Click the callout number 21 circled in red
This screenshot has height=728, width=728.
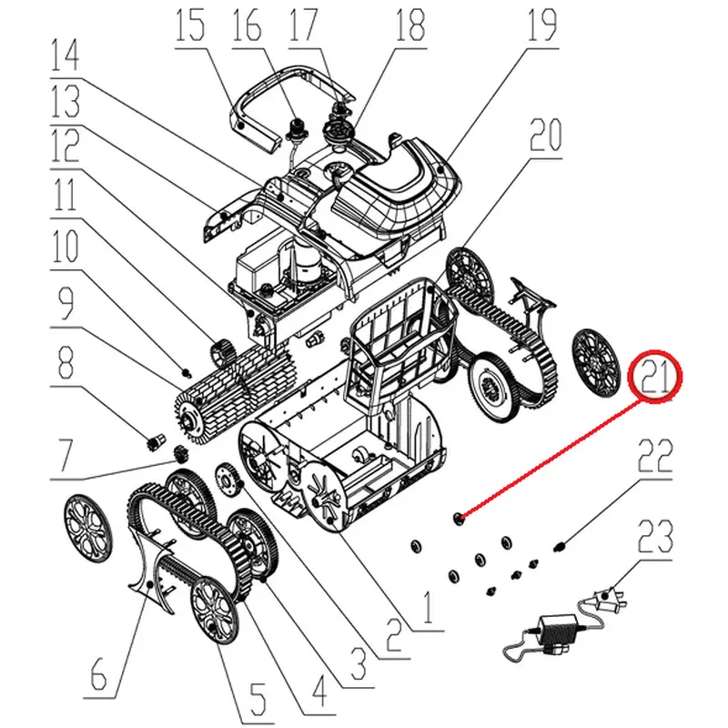tap(655, 377)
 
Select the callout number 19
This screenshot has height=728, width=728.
tap(541, 25)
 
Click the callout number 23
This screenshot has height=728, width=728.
tap(655, 537)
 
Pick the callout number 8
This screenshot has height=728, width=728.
tap(65, 362)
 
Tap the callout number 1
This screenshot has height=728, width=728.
tap(428, 605)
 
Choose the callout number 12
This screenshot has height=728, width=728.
tap(65, 147)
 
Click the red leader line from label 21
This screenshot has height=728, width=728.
tap(551, 459)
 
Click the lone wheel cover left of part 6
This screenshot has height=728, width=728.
tap(87, 530)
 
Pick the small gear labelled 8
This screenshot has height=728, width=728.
tap(155, 441)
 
